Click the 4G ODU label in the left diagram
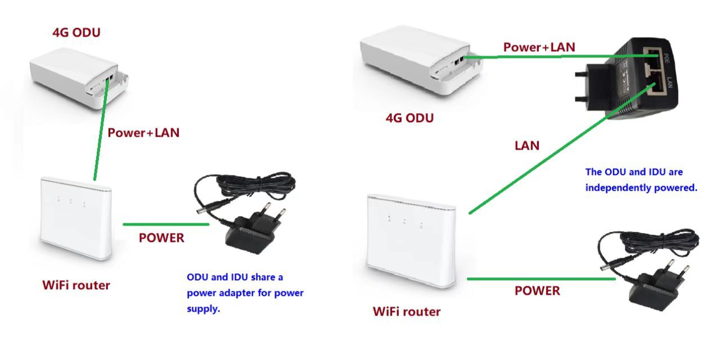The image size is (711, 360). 76,33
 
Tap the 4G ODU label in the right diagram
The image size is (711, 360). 409,118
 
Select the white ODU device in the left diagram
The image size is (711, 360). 79,78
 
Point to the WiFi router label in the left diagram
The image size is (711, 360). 76,285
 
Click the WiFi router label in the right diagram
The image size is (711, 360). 407,312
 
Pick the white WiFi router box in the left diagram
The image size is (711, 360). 76,218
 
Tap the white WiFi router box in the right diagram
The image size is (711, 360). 412,241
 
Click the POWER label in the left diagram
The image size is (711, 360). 161,238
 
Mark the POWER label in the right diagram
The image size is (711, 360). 537,291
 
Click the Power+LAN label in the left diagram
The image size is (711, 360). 143,133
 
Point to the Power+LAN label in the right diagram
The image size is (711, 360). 539,47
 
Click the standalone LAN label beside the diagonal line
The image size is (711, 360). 527,146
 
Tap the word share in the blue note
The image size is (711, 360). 263,277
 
